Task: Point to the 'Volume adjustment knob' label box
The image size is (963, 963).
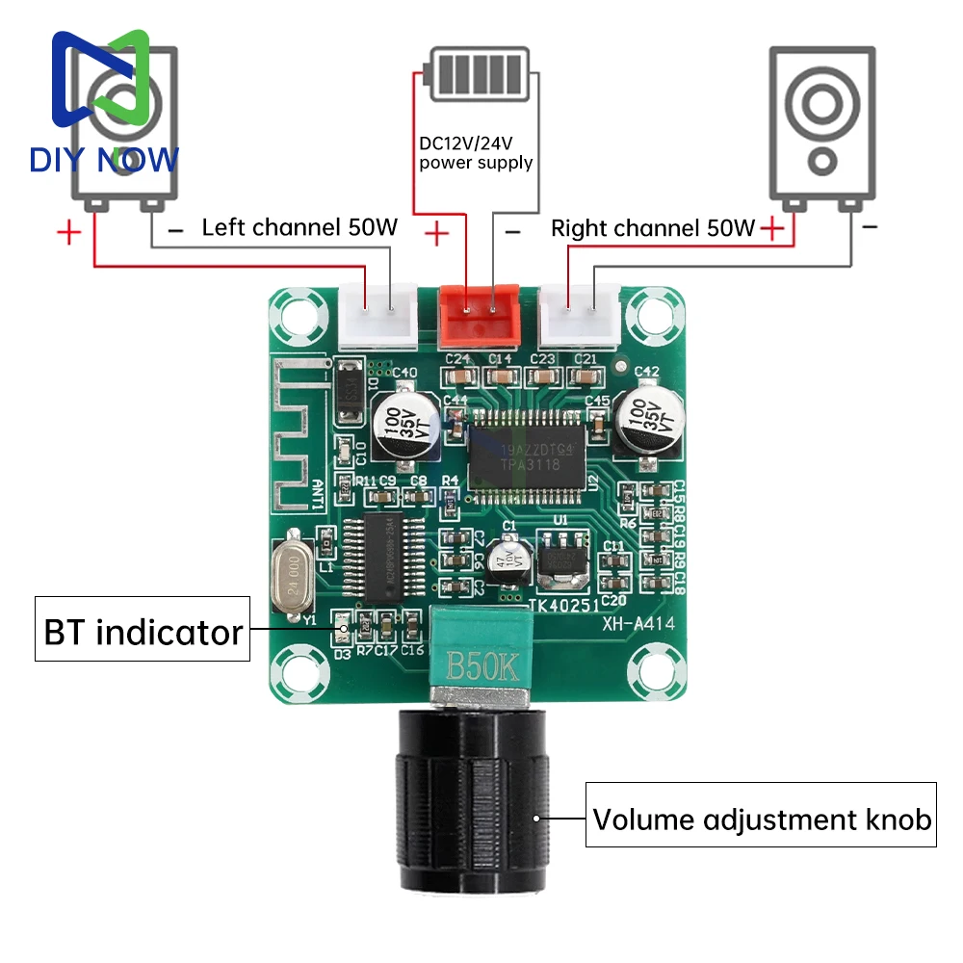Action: tap(761, 820)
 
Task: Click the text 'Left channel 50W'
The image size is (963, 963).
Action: tap(299, 228)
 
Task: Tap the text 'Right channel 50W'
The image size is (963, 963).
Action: tap(653, 228)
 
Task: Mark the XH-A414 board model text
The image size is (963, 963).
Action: tap(638, 624)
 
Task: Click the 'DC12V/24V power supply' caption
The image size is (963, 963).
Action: tap(475, 153)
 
